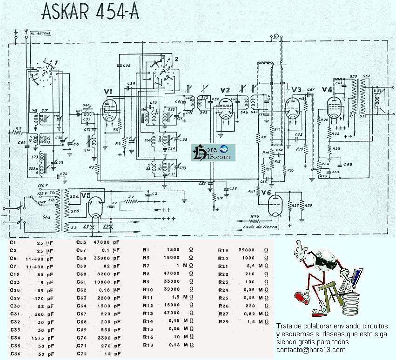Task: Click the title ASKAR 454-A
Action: [90, 13]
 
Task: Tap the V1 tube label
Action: [108, 91]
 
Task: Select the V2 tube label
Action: [225, 90]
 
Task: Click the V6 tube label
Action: [266, 193]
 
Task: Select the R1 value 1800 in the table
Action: [172, 250]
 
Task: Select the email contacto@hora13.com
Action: [310, 350]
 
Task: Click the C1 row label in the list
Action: [13, 243]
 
